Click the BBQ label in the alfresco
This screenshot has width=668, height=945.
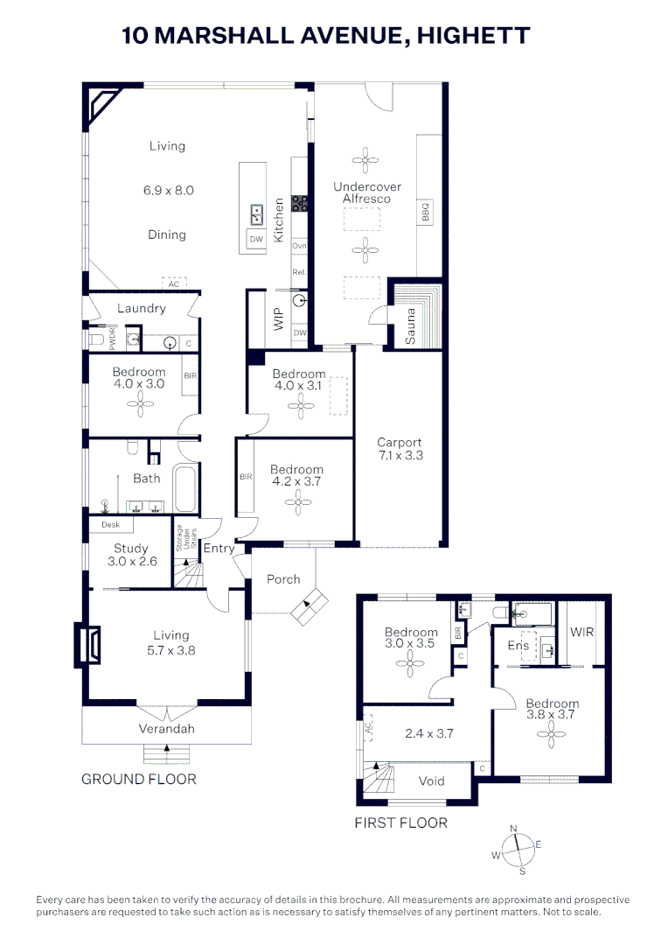click(x=426, y=212)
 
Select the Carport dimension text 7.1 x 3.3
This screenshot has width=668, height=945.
click(x=400, y=455)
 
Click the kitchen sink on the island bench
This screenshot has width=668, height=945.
click(x=257, y=212)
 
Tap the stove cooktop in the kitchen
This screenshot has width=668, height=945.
click(x=299, y=203)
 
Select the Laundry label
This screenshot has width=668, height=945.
click(x=142, y=308)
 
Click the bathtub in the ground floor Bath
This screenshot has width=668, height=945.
click(x=186, y=489)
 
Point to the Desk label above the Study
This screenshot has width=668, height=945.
click(x=110, y=525)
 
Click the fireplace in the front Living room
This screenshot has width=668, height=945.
click(x=88, y=645)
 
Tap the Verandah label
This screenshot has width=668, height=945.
click(x=166, y=728)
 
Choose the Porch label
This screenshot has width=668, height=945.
click(x=283, y=579)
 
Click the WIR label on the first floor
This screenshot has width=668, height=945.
click(x=581, y=631)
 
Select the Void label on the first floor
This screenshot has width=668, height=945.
click(x=432, y=781)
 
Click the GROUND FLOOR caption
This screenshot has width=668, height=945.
click(x=139, y=779)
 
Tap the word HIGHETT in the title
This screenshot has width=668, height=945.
click(x=473, y=36)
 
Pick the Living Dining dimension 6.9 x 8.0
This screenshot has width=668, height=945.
click(x=167, y=190)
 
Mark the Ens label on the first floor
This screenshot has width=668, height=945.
click(x=518, y=646)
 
